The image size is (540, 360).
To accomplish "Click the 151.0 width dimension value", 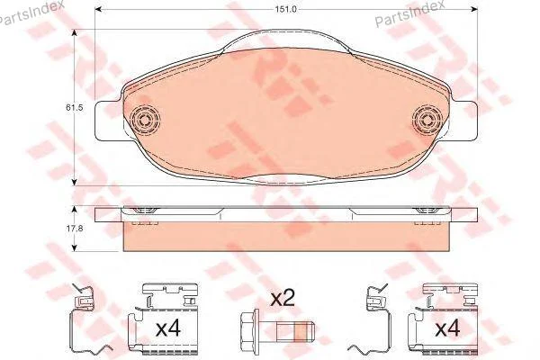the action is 286,9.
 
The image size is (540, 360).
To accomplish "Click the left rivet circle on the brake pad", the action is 146,121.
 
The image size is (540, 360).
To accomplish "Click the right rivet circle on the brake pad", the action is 427,121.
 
